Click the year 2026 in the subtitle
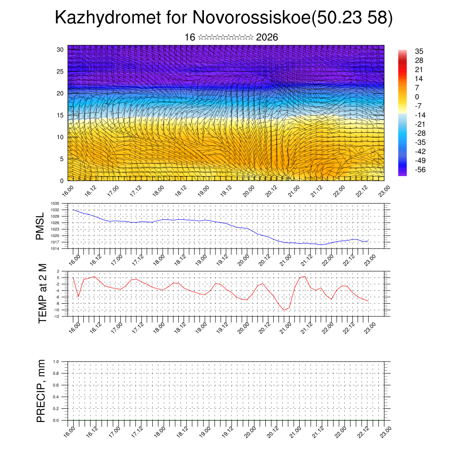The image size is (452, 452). [267, 38]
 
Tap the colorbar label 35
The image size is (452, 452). [419, 51]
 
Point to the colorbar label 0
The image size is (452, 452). [417, 97]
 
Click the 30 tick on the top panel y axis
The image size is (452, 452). [60, 49]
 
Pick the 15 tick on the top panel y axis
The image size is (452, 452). [60, 115]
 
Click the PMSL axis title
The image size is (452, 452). [40, 226]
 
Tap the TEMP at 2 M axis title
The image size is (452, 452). [42, 294]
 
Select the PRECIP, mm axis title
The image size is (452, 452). [41, 391]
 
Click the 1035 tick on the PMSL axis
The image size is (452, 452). [55, 203]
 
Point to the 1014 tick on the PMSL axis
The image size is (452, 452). [55, 249]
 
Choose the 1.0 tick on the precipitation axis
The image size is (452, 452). [56, 362]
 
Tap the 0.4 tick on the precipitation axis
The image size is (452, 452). [56, 397]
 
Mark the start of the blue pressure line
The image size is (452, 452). [73, 210]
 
